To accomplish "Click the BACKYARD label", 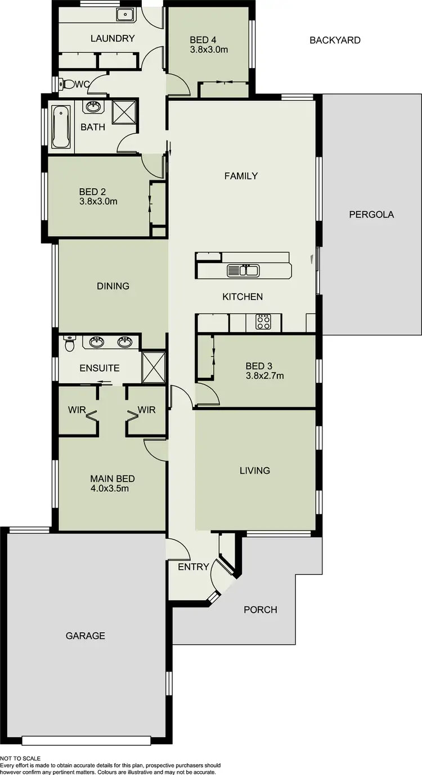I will (x=335, y=40).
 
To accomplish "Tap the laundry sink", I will (x=124, y=15).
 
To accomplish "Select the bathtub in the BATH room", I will (x=60, y=126).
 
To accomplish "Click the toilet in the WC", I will (x=68, y=84).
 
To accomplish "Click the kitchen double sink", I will (x=243, y=271).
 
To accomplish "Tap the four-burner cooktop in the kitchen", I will (x=263, y=322).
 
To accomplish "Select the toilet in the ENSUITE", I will (x=70, y=343).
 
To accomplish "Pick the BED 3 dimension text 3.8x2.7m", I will (x=264, y=375).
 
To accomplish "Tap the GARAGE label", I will (x=86, y=636).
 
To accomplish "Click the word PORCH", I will (x=260, y=609).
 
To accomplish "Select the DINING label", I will (x=113, y=286).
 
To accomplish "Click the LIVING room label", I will (x=254, y=470).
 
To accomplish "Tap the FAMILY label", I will (x=241, y=176).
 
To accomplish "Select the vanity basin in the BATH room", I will (x=92, y=107).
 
